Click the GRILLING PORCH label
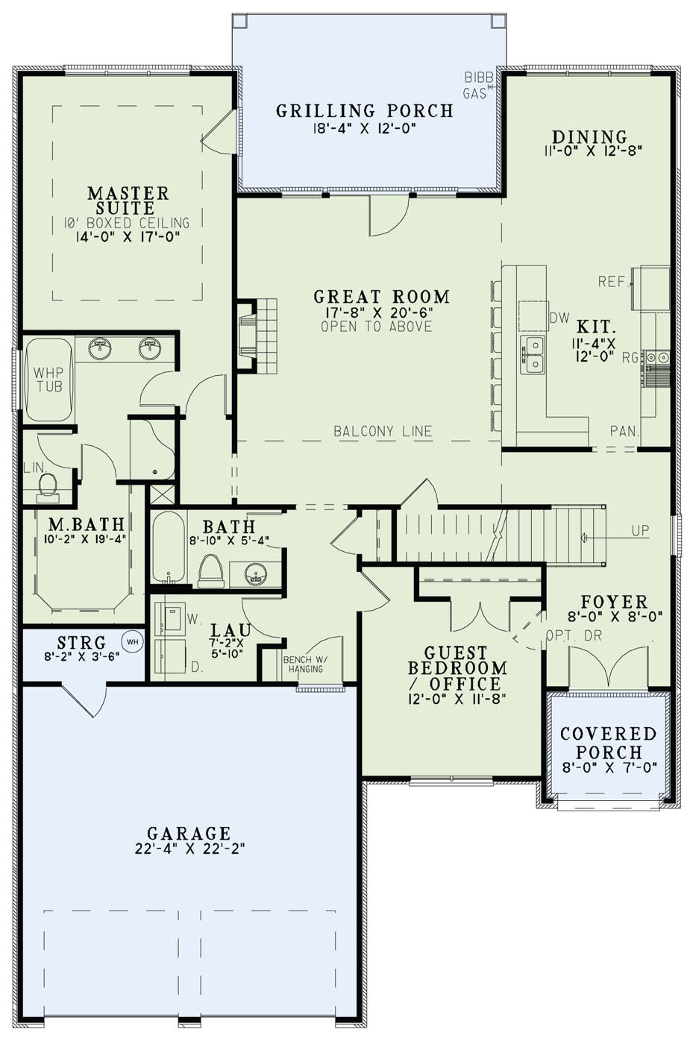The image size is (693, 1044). [x=365, y=111]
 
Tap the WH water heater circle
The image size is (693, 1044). [x=132, y=641]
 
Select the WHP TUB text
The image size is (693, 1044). [x=48, y=380]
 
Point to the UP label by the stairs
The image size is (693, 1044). [x=640, y=531]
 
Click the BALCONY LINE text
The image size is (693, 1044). [x=383, y=431]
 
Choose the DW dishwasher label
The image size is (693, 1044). [x=559, y=318]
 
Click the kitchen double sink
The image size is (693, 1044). [x=533, y=354]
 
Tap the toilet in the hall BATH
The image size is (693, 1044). [x=211, y=570]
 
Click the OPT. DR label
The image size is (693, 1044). [x=574, y=636]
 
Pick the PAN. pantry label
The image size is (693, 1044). [x=623, y=431]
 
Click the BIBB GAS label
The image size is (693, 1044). [x=475, y=85]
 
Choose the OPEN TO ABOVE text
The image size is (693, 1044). [x=376, y=326]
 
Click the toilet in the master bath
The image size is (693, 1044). [x=48, y=486]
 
